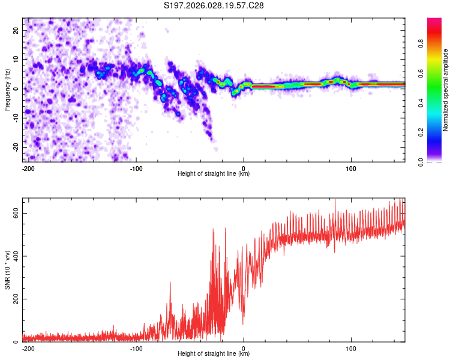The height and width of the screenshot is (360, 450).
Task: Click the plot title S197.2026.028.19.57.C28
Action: click(214, 5)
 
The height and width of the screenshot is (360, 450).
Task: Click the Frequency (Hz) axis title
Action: click(7, 89)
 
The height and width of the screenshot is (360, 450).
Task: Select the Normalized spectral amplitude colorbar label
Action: click(446, 90)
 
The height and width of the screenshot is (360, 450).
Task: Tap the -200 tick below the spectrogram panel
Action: click(28, 168)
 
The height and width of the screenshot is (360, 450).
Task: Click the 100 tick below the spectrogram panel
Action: click(350, 168)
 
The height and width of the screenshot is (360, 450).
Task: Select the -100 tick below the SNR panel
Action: click(136, 348)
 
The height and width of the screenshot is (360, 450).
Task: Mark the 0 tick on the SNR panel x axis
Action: click(244, 348)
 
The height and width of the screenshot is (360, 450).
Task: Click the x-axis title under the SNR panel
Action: click(214, 355)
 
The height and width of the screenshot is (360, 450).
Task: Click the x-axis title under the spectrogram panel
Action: click(214, 174)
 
